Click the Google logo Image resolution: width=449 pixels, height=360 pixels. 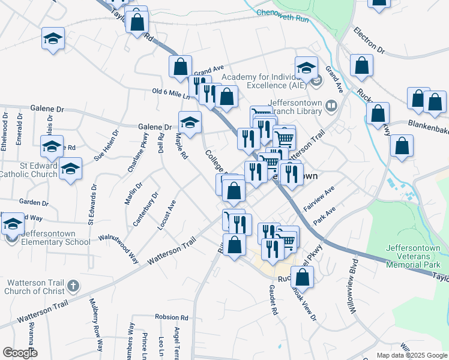(20, 352)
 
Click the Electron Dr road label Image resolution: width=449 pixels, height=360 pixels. (369, 40)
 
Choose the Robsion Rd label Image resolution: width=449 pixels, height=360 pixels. (171, 317)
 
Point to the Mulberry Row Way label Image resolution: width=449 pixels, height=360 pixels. (97, 323)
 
